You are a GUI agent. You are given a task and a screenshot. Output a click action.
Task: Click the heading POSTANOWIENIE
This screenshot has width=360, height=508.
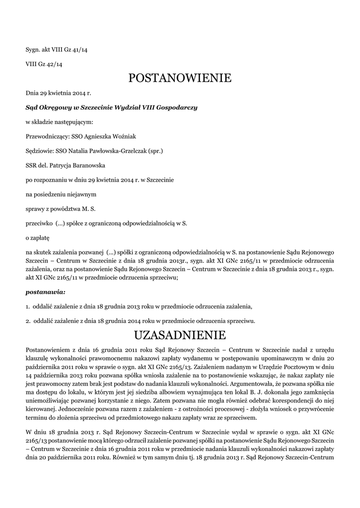click(180, 78)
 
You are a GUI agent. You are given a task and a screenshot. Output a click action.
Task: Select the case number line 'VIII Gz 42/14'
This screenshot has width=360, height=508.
click(44, 64)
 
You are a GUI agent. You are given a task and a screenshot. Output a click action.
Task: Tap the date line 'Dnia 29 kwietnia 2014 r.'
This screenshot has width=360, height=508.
click(59, 93)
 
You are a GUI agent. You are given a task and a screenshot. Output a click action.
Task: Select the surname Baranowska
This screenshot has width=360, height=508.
click(85, 165)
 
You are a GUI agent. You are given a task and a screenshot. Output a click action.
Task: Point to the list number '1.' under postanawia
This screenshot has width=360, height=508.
click(28, 306)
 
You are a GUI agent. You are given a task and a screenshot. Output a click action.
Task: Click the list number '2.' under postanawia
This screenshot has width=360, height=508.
click(28, 320)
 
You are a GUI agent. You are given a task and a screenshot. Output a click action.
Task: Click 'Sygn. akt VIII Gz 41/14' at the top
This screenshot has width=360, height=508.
click(57, 50)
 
